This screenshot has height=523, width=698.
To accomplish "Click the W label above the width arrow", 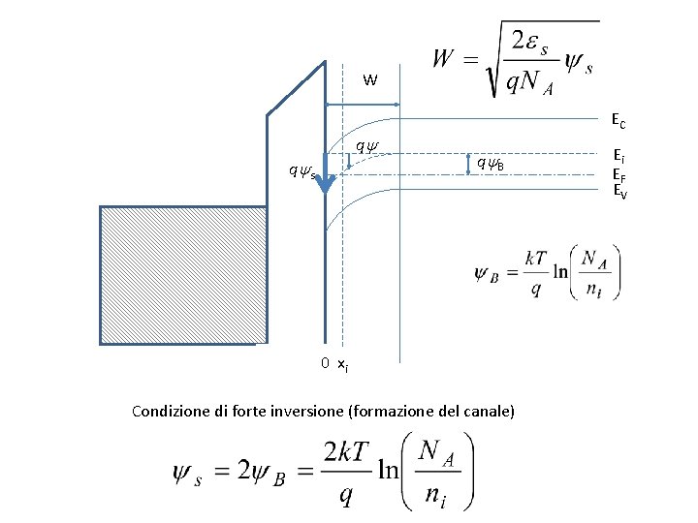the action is pos(370,79).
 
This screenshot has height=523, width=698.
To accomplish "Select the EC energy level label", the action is pos(618,122).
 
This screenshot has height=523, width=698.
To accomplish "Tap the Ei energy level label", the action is pos(618,155).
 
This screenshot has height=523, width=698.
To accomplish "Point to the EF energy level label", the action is pos(618,173).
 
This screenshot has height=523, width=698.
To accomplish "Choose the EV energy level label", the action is pos(619,191).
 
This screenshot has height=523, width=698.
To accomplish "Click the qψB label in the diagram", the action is pos(490,164).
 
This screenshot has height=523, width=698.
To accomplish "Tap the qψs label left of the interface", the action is pos(301,172).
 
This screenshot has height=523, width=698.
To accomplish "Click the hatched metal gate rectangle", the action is pos(183,275).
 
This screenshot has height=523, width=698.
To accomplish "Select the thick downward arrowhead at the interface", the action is pos(326,184).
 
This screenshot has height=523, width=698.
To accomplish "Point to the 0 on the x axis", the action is pos(326,363).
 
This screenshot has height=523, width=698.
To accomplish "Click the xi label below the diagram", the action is pos(342,364).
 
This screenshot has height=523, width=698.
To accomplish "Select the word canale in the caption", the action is pos(486,412).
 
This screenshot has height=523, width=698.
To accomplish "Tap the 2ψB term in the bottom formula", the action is pos(265,473).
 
